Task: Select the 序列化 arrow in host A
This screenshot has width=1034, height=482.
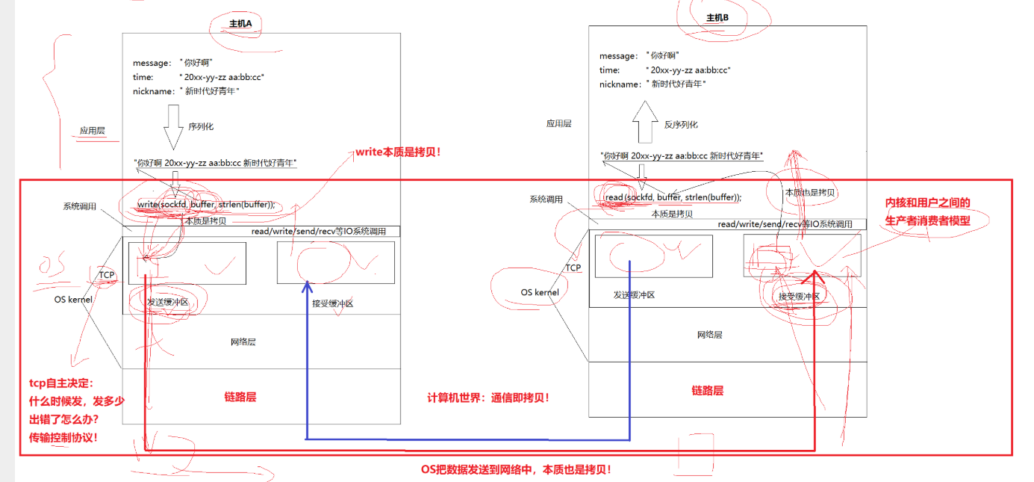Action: (173, 127)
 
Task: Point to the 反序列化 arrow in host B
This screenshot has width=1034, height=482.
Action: (644, 124)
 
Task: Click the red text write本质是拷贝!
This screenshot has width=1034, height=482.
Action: (399, 152)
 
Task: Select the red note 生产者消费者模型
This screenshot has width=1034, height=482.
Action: (928, 220)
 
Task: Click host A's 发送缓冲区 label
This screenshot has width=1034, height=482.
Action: (167, 303)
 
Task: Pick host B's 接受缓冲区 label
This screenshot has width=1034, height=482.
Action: (799, 297)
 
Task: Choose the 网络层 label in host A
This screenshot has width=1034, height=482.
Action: (243, 342)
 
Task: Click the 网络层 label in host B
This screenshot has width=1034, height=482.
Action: (709, 335)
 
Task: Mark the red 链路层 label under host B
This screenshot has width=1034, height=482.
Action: (707, 391)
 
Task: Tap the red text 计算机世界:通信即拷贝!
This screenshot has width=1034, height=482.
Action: (488, 398)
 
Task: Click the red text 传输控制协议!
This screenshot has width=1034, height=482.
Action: (63, 437)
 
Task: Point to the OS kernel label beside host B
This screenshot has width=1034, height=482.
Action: (540, 292)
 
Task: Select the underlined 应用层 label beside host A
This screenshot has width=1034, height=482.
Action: (93, 131)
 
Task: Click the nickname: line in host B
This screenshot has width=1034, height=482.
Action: (653, 84)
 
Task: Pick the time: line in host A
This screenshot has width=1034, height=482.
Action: (199, 77)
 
